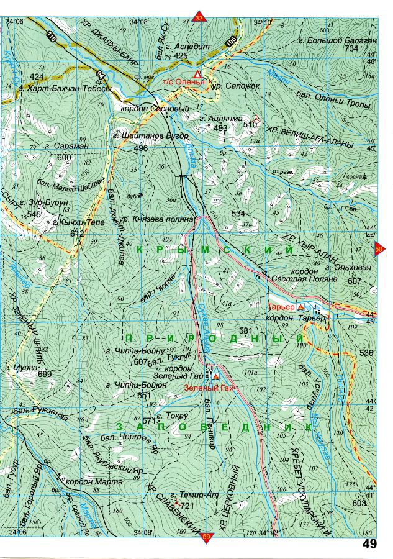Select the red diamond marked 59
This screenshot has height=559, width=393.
tap(206, 537)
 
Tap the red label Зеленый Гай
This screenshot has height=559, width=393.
tap(208, 388)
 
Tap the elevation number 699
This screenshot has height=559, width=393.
tap(45, 375)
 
